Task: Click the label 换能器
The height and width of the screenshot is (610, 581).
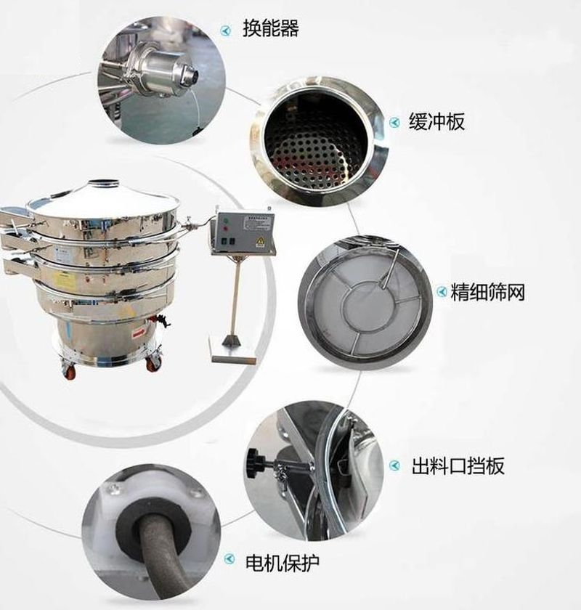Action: (271, 28)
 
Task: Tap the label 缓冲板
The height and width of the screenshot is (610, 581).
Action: (436, 121)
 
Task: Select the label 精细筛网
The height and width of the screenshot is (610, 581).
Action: (487, 292)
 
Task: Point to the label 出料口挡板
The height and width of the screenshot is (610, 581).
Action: (458, 465)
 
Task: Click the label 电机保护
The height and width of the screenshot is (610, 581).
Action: (283, 562)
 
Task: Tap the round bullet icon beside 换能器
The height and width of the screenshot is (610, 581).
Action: (226, 30)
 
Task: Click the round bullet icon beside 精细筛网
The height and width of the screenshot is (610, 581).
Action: (442, 291)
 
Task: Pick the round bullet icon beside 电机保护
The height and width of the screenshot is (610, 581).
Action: (229, 559)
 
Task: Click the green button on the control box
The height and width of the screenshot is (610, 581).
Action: (224, 221)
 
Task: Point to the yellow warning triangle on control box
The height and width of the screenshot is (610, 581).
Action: (260, 243)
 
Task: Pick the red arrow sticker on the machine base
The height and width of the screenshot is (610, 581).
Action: (139, 333)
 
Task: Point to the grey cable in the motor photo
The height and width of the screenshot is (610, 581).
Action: (158, 552)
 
